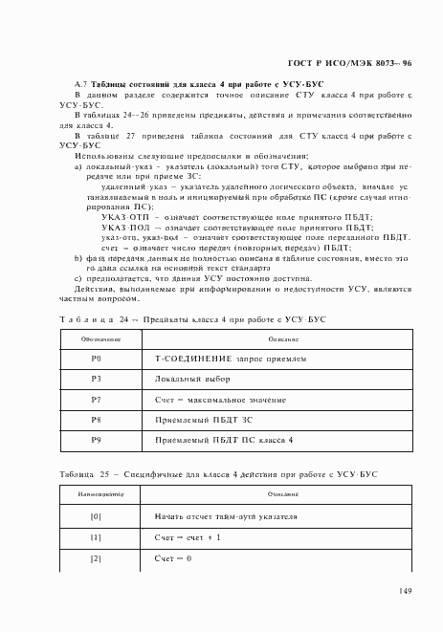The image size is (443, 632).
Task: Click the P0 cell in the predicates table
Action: [96, 359]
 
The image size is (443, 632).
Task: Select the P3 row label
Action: [96, 379]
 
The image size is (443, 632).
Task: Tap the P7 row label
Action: [96, 399]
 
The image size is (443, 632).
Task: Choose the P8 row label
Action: [96, 419]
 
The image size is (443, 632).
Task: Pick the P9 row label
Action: [96, 439]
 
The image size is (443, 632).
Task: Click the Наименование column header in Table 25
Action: [95, 494]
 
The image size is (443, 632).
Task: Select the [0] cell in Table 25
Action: [95, 517]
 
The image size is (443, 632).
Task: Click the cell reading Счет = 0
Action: [173, 557]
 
